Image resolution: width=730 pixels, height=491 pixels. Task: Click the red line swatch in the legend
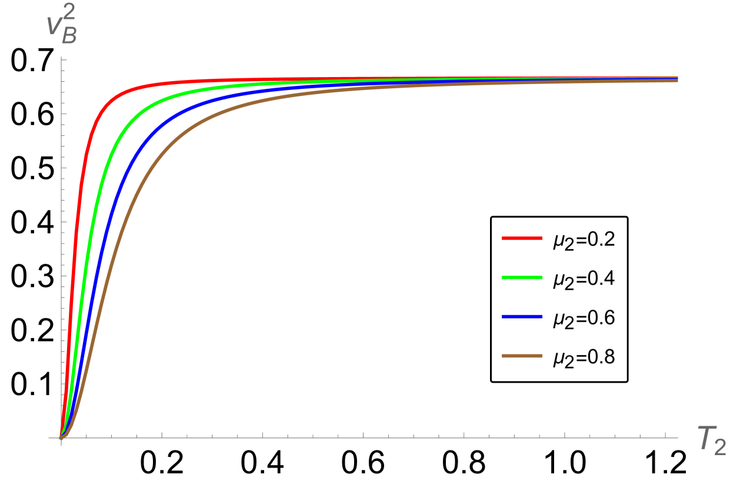pyautogui.click(x=522, y=239)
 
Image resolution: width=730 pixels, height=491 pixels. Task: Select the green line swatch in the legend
pyautogui.click(x=522, y=278)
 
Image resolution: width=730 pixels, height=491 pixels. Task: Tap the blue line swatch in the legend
pyautogui.click(x=522, y=317)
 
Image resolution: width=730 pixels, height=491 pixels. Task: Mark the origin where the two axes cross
pyautogui.click(x=61, y=438)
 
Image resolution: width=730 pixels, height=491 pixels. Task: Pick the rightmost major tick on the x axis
pyautogui.click(x=665, y=436)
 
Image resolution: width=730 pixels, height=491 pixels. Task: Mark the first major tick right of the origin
pyautogui.click(x=162, y=436)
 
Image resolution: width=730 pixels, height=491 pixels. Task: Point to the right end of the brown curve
pyautogui.click(x=678, y=81)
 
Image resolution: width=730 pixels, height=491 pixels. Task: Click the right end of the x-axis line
pyautogui.click(x=678, y=438)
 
